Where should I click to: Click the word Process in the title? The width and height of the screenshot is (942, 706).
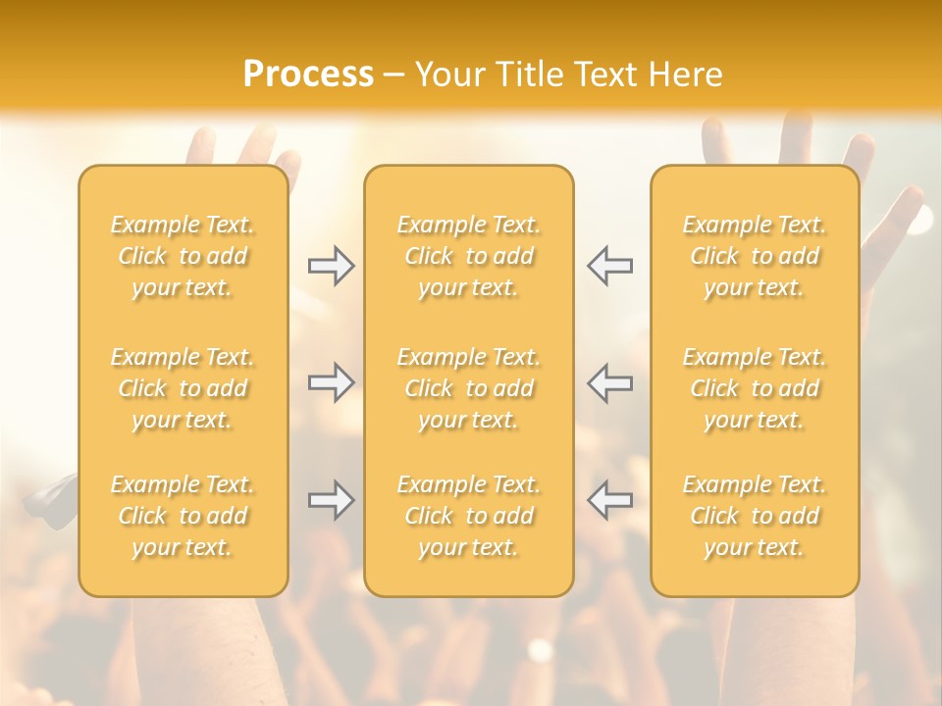tap(308, 75)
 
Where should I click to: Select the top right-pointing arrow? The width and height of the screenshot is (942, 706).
tap(331, 266)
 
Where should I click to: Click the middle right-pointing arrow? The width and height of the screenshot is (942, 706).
tap(331, 381)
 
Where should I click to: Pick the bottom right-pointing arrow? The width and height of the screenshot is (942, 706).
tap(331, 500)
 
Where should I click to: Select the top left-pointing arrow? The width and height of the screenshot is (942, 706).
tap(610, 266)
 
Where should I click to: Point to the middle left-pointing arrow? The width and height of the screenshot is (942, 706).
tap(610, 381)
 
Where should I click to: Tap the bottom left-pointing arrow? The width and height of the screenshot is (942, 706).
tap(610, 500)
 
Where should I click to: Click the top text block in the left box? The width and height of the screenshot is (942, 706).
tap(183, 256)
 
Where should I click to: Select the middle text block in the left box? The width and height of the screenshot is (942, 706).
tap(183, 388)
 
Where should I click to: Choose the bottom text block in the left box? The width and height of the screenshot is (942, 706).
tap(183, 516)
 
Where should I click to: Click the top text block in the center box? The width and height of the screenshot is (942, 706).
tap(469, 256)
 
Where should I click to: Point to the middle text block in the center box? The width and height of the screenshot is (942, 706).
tap(469, 388)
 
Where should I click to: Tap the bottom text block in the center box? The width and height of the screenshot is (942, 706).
tap(469, 516)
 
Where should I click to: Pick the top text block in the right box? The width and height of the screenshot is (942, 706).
tap(755, 256)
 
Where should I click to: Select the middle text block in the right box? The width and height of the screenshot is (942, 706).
tap(755, 388)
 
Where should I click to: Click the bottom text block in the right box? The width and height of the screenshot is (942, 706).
tap(755, 516)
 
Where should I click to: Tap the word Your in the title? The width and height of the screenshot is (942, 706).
tap(448, 75)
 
